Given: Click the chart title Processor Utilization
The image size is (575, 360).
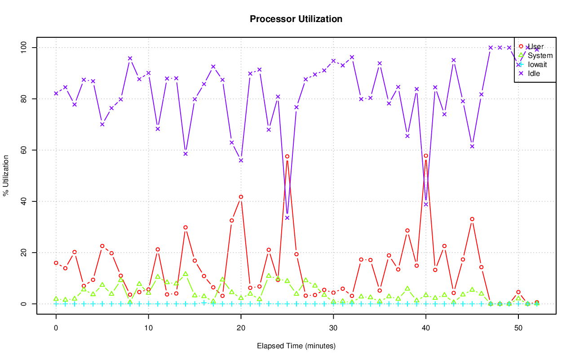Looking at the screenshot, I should pyautogui.click(x=296, y=19).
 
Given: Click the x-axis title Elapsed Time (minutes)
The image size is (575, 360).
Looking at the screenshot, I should pyautogui.click(x=296, y=346).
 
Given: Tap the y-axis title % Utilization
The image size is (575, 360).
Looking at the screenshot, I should pyautogui.click(x=6, y=176).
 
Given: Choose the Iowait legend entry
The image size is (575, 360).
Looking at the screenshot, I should pyautogui.click(x=537, y=65).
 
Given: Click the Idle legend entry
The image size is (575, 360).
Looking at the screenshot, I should pyautogui.click(x=534, y=73).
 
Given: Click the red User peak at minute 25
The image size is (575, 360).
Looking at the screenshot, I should pyautogui.click(x=287, y=156).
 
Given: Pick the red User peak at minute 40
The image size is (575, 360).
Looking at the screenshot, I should pyautogui.click(x=426, y=156).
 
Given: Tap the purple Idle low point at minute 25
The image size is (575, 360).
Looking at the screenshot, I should pyautogui.click(x=287, y=218).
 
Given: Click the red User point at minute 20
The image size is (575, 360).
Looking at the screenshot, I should pyautogui.click(x=241, y=197).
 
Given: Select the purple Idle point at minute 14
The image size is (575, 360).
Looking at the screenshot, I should pyautogui.click(x=186, y=154).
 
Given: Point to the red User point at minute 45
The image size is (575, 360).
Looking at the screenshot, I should pyautogui.click(x=472, y=219).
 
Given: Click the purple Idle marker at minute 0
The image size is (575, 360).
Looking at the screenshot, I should pyautogui.click(x=56, y=93).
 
